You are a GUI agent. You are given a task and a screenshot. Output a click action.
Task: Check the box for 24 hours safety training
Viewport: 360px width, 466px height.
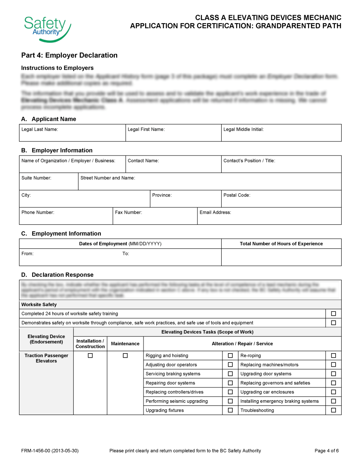pyautogui.click(x=333, y=314)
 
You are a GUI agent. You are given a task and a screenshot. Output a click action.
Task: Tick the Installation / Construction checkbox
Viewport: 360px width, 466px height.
pyautogui.click(x=90, y=356)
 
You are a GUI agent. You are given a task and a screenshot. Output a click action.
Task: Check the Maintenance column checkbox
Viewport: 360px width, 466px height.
pyautogui.click(x=125, y=356)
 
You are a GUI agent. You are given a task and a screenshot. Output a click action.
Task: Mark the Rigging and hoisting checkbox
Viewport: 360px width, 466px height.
pyautogui.click(x=230, y=356)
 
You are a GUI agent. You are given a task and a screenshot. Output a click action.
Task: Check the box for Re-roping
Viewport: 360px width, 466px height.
pyautogui.click(x=333, y=356)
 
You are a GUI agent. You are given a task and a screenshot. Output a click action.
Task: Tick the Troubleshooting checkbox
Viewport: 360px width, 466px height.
pyautogui.click(x=333, y=410)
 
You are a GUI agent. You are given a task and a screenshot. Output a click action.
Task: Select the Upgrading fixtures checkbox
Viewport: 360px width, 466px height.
pyautogui.click(x=230, y=410)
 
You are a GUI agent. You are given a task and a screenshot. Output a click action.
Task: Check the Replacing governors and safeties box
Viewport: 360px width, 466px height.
pyautogui.click(x=333, y=383)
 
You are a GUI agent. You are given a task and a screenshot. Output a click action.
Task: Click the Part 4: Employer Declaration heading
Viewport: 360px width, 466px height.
pyautogui.click(x=69, y=55)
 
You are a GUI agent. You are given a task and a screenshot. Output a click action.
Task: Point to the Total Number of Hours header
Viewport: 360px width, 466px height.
pyautogui.click(x=281, y=244)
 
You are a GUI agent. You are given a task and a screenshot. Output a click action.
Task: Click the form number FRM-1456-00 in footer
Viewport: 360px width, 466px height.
pyautogui.click(x=50, y=451)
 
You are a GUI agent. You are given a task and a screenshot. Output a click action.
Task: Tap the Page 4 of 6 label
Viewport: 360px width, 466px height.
pyautogui.click(x=327, y=451)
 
